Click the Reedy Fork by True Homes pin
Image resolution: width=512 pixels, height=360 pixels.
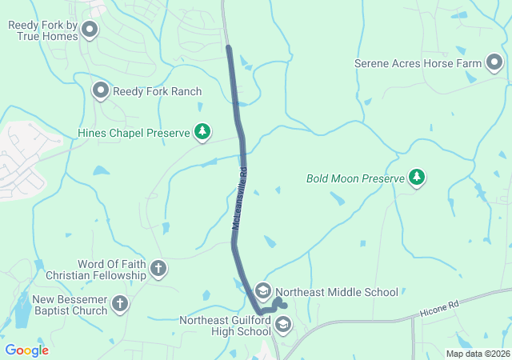[x=90, y=30]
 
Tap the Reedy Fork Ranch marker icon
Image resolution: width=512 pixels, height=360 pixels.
[x=101, y=90]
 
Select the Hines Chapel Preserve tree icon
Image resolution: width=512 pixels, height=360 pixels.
[x=202, y=132]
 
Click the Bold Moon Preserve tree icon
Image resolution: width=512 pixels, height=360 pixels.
[x=416, y=178]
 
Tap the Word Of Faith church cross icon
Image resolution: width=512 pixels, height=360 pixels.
[x=158, y=269]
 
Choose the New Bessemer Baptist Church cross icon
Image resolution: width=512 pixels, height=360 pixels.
[x=120, y=304]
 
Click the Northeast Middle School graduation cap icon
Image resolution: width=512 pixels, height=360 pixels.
[x=263, y=291]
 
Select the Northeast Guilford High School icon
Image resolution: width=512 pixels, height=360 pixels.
[x=282, y=324]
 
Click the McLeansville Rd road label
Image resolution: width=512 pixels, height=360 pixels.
[x=242, y=199]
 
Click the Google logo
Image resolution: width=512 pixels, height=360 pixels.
[x=26, y=350]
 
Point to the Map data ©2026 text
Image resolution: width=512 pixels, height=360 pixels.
[x=477, y=354]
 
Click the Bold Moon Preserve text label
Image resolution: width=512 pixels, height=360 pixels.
[x=355, y=178]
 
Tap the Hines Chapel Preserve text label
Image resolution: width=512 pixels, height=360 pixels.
[x=133, y=133]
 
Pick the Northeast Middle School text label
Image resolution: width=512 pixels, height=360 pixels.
[x=337, y=292]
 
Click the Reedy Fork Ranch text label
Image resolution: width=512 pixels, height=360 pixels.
[x=157, y=91]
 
